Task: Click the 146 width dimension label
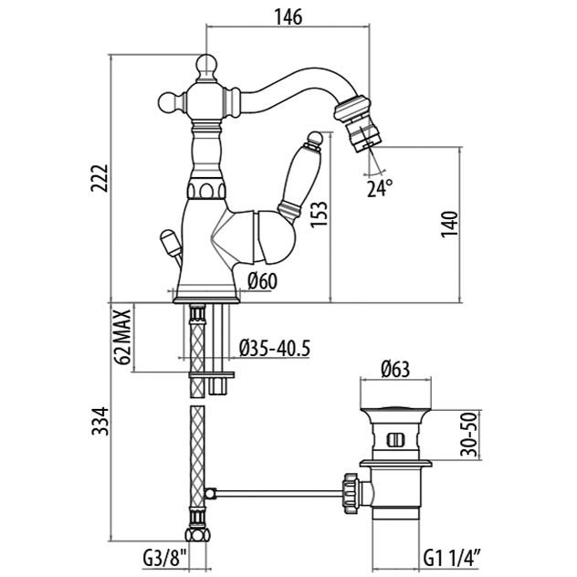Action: coord(288,16)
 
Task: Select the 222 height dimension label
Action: coord(100,178)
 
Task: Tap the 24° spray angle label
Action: coord(380,188)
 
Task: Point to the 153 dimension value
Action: coord(319,215)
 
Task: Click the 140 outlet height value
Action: coord(449,224)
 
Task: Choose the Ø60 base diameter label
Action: coord(262,281)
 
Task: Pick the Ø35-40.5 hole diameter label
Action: coord(275,348)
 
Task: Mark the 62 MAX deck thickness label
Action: coord(122,337)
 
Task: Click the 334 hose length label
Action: coord(100,421)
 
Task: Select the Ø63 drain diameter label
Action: coord(395,370)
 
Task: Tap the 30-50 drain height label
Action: coord(469,435)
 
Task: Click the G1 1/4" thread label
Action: coord(452,560)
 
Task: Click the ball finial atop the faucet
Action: coord(206,66)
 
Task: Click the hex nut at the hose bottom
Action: coord(197,534)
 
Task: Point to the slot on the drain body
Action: coord(395,440)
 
